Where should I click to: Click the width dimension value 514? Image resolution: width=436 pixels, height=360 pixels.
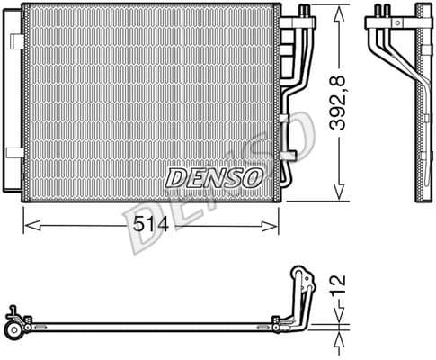click(x=147, y=226)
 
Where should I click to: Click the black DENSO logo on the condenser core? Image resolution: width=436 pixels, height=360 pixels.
click(x=215, y=175)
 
